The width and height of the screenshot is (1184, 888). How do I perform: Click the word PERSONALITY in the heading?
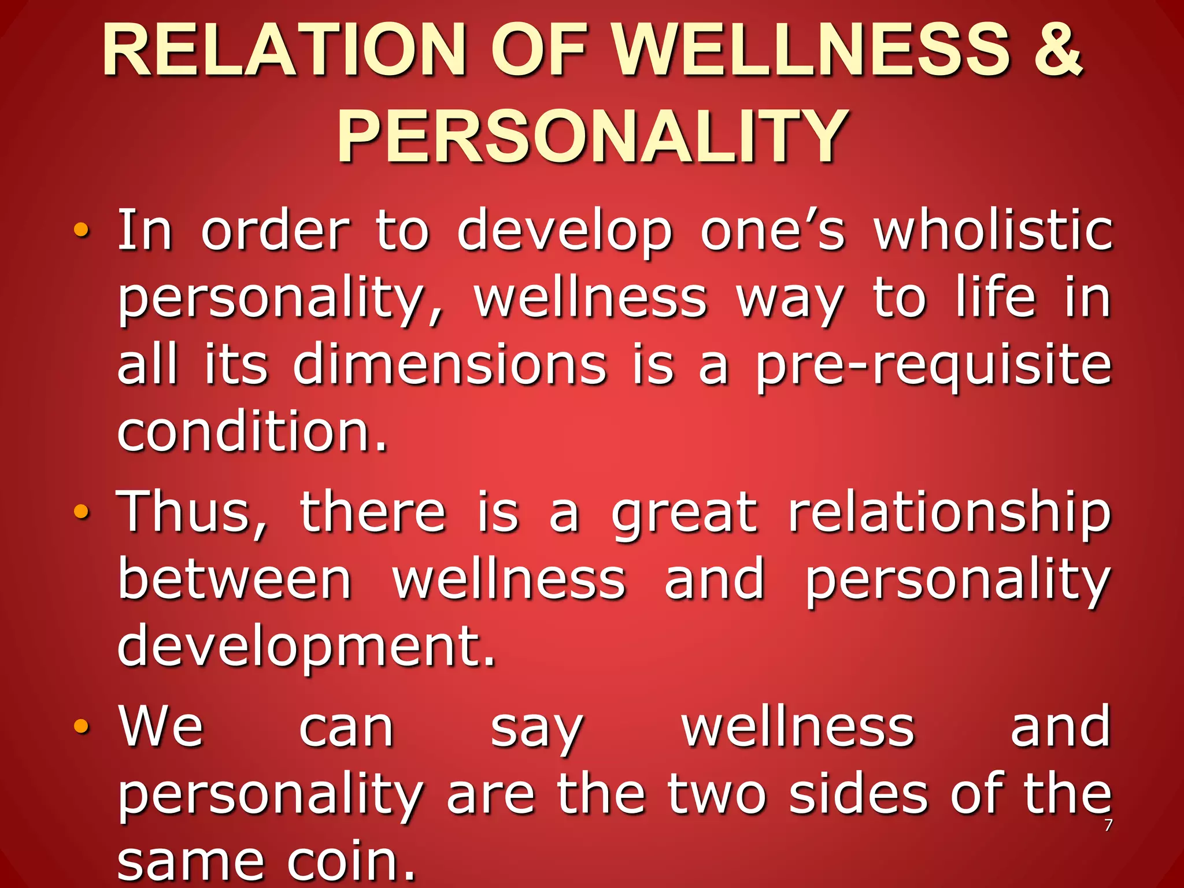coord(593,138)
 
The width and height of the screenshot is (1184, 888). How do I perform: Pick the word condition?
coord(251,432)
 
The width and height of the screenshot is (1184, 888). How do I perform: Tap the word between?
coord(235,580)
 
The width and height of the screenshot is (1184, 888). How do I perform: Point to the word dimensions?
coord(450,365)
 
